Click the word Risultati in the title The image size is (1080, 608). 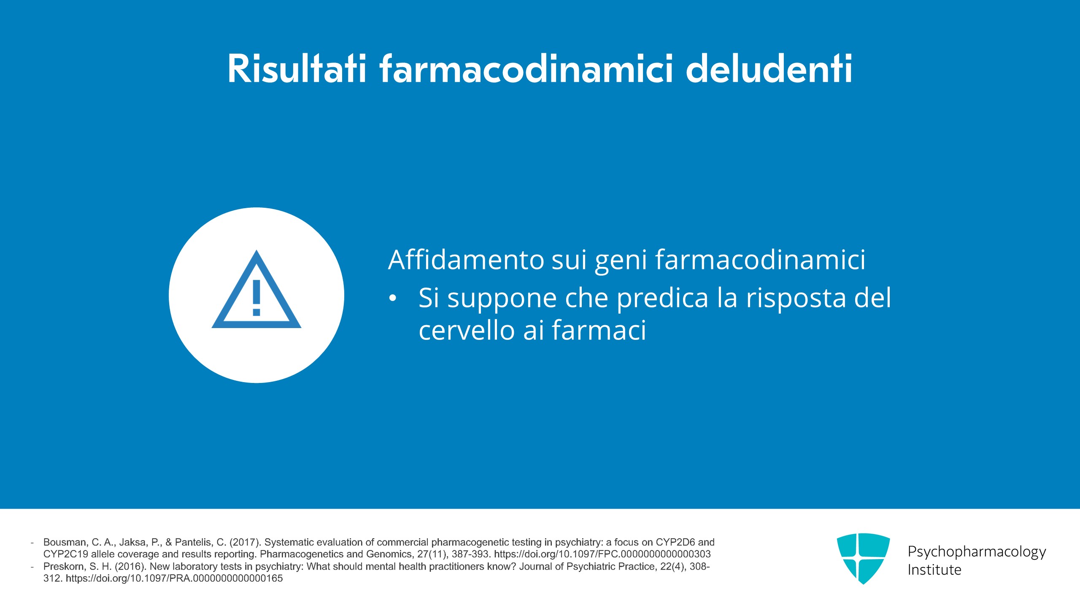[x=297, y=69]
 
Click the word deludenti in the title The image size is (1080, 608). [x=769, y=69]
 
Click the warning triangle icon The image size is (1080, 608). [x=256, y=290]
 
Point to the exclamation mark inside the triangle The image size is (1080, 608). [x=256, y=298]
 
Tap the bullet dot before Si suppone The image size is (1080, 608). [x=393, y=299]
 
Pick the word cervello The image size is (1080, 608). [x=467, y=330]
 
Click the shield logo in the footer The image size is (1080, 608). [x=863, y=558]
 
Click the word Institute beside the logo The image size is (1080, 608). [x=934, y=570]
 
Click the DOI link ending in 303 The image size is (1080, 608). [x=602, y=554]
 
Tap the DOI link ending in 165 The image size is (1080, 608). [x=174, y=578]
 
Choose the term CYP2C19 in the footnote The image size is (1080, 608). [x=66, y=554]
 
